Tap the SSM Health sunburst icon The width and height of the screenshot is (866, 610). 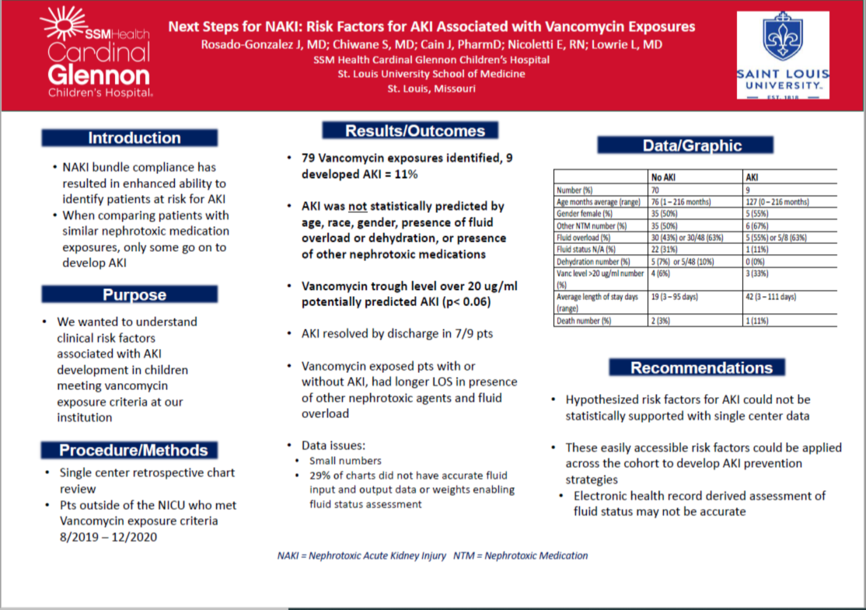[64, 24]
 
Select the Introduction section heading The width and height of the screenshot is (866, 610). [134, 138]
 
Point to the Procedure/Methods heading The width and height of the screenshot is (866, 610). [134, 451]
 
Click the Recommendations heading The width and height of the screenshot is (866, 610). [696, 368]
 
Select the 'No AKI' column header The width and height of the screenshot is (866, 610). [663, 177]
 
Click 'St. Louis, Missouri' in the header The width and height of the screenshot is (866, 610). [431, 89]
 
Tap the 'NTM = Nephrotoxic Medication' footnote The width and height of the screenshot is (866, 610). [536, 556]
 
